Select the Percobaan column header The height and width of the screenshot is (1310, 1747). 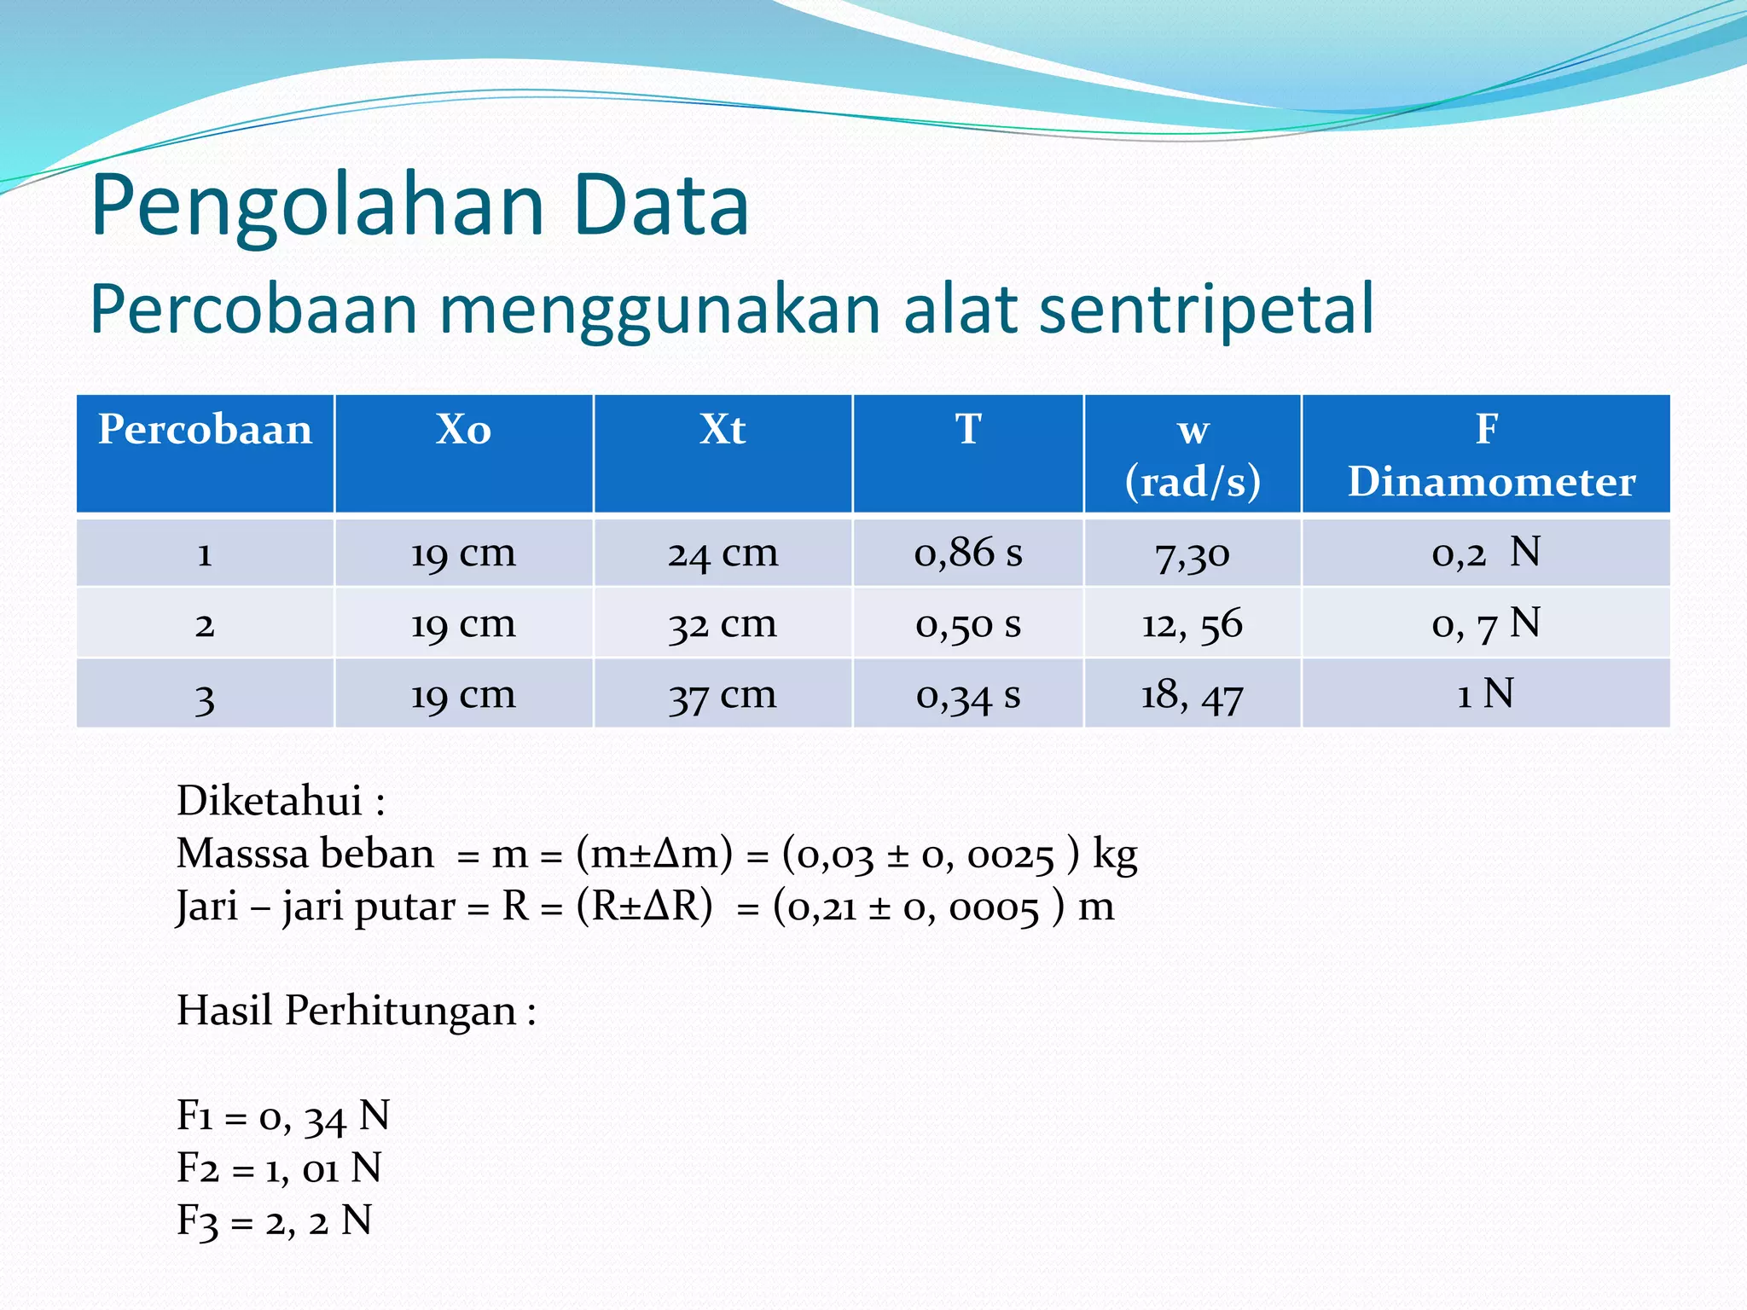coord(205,430)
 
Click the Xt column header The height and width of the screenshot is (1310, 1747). coord(723,430)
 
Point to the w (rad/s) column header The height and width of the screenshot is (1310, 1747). coord(1193,455)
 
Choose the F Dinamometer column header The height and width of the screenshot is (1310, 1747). coord(1486,455)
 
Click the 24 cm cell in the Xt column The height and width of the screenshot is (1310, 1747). coord(723,554)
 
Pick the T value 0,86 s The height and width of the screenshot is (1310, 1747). coord(968,554)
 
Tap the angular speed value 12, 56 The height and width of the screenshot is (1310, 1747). coord(1193,624)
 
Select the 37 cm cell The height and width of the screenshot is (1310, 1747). coord(723,695)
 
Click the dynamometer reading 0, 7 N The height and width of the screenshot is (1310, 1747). coord(1486,624)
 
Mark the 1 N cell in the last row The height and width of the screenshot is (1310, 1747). coord(1486,694)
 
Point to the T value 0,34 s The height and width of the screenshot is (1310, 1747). coord(968,695)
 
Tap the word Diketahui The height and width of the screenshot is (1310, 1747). coord(270,801)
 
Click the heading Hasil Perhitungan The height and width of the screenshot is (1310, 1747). coord(356,1011)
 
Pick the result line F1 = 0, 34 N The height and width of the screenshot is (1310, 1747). coord(283,1116)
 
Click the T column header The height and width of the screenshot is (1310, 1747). coord(968,430)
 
